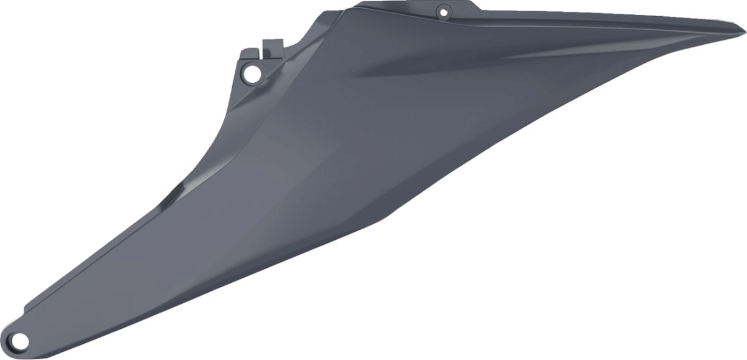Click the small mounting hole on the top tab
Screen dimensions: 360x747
pos(443,11)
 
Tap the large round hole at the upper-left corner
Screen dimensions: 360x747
pos(251,73)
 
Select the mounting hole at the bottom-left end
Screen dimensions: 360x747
pos(20,339)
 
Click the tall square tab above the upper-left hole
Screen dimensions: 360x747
pos(273,47)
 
